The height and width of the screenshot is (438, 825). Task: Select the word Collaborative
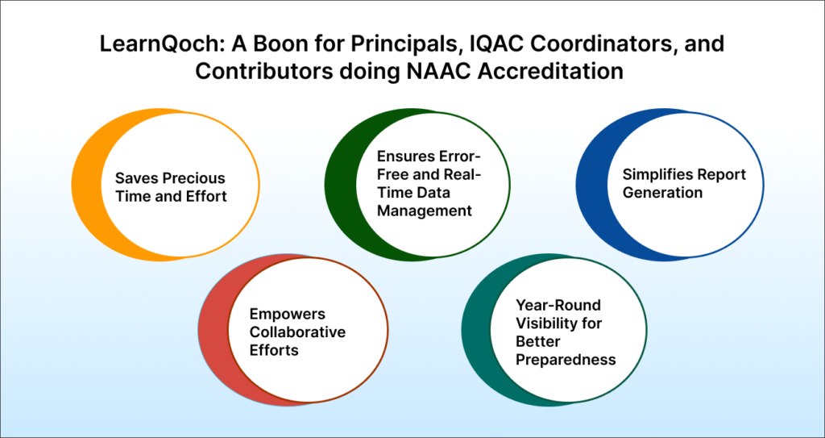297,332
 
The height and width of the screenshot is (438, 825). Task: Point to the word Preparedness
566,359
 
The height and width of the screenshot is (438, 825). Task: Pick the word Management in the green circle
426,211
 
